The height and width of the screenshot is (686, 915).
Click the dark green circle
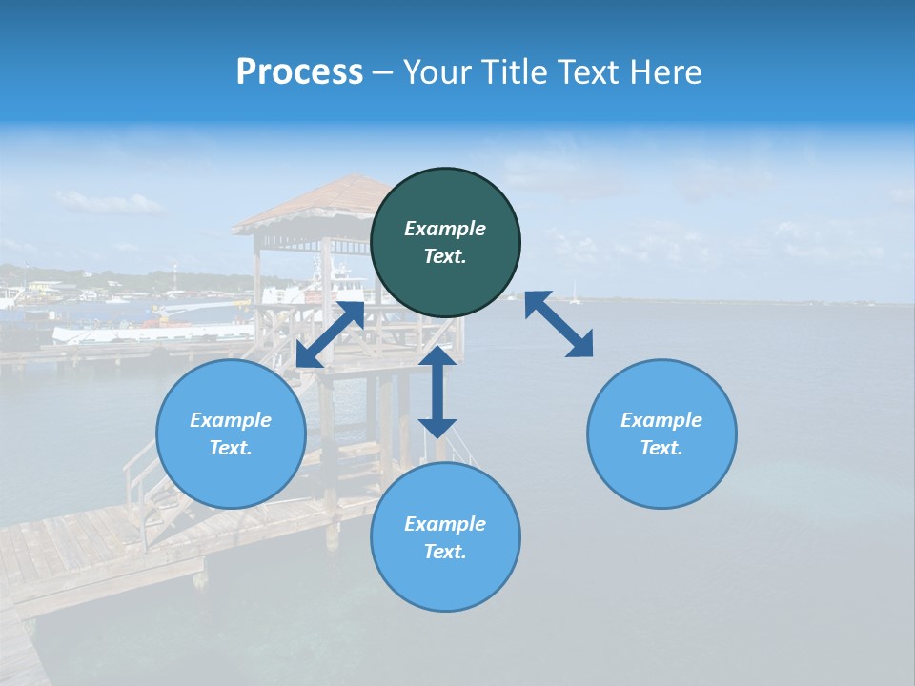445,243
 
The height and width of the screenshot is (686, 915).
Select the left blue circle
231,434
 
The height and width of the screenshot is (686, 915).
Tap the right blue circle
661,434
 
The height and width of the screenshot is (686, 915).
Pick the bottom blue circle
445,537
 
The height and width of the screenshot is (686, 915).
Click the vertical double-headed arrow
437,392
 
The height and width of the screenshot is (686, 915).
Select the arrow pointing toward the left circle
330,334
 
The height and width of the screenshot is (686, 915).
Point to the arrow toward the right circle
559,324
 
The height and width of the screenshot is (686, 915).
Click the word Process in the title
299,71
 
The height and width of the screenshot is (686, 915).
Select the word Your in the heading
435,71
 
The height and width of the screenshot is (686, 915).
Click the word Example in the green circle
445,229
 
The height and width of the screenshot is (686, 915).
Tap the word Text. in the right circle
661,448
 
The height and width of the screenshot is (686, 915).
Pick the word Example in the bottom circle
445,523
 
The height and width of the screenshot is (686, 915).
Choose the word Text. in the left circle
231,448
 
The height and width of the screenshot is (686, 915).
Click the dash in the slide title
383,72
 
